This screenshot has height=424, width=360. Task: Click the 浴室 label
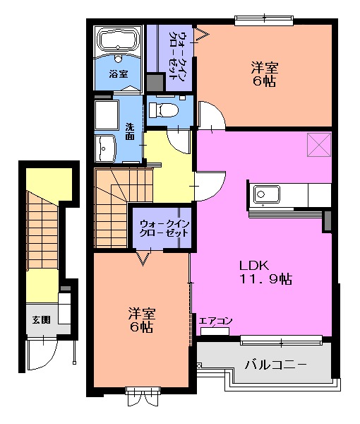click(118, 73)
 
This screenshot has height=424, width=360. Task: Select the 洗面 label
click(130, 131)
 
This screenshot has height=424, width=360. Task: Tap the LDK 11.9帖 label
click(265, 272)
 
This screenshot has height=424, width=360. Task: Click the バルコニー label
click(276, 365)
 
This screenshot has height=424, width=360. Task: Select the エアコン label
click(216, 321)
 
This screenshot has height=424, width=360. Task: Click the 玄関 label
click(40, 319)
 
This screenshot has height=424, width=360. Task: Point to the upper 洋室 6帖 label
click(265, 74)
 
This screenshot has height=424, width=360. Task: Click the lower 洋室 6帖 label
click(141, 320)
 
